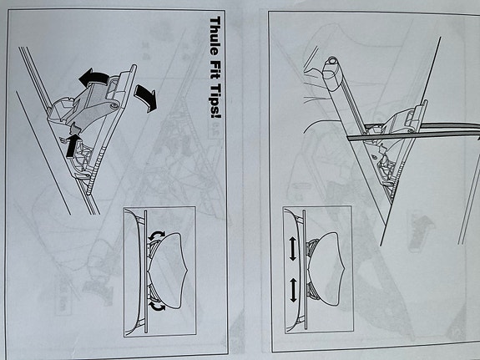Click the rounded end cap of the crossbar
coord(333,63)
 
